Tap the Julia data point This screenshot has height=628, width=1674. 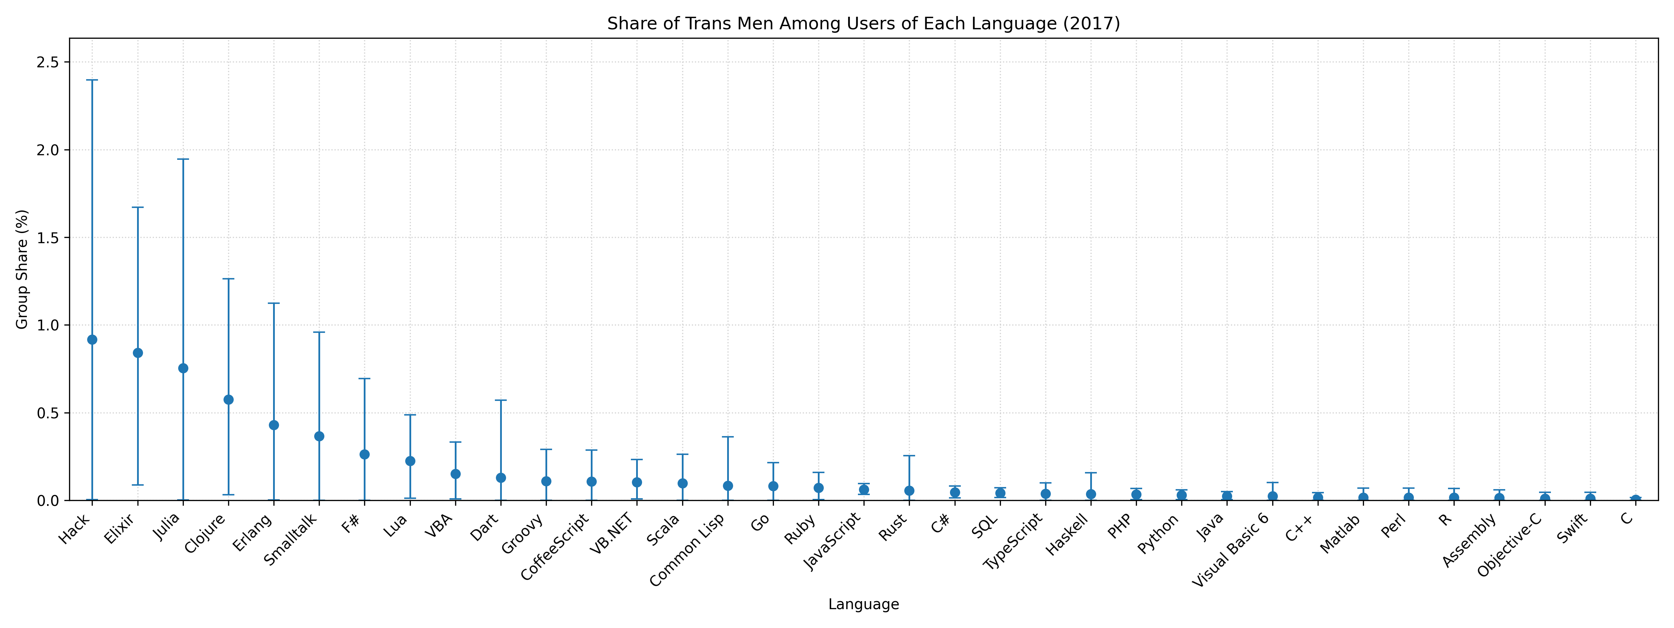point(183,368)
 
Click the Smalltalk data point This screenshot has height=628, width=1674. point(319,436)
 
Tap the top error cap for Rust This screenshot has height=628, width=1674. point(909,456)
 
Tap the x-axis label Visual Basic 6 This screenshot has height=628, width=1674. point(1231,550)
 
